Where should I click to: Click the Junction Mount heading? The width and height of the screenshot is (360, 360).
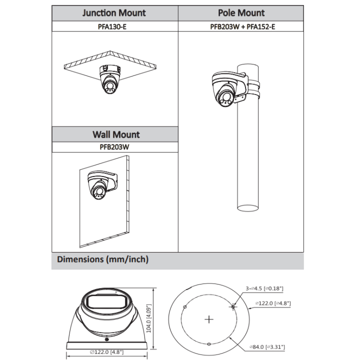pos(114,13)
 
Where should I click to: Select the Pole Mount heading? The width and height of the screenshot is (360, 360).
pos(241,13)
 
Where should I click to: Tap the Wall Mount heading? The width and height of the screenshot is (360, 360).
pos(116,134)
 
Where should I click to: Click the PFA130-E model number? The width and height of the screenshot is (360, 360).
pos(112,26)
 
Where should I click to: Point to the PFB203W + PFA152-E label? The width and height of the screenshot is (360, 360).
pos(242,26)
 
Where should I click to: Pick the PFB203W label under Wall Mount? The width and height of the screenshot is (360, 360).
pos(114,147)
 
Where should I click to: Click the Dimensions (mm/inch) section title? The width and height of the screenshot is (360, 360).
pos(102,259)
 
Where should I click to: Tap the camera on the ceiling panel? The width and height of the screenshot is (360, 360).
pos(110,79)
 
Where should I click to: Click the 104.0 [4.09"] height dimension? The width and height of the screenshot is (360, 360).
pos(149,318)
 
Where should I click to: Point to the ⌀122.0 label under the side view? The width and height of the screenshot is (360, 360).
pos(106,352)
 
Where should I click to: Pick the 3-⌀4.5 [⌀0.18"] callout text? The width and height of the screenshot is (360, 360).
pos(264,288)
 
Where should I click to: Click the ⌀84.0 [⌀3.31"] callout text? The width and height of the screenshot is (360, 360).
pos(267,347)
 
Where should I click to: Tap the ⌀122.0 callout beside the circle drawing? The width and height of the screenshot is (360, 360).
pos(273,303)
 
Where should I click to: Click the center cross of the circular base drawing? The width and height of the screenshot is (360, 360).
pos(209,319)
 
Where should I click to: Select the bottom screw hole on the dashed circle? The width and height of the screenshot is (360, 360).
pos(209,344)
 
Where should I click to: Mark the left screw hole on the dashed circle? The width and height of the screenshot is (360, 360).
pos(185,306)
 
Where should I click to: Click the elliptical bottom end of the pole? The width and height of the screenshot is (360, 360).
pos(247,208)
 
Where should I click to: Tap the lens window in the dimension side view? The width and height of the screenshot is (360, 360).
pos(107,302)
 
